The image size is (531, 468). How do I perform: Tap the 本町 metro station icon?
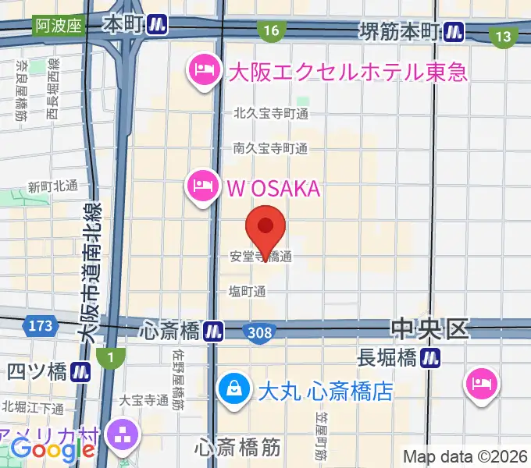158,25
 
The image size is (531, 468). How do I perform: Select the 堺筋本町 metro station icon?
453,32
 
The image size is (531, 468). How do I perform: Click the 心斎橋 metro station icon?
212,331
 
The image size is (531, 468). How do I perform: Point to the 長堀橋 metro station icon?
429,358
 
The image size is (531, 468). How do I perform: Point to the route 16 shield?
270,30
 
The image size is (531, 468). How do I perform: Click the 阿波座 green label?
59,25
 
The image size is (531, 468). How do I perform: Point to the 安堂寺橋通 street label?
261,256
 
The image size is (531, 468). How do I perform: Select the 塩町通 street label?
247,291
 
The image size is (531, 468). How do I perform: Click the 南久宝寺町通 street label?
270,147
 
